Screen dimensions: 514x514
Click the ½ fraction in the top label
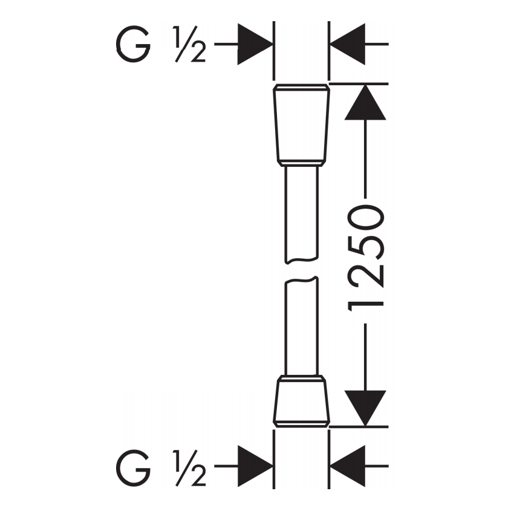[190, 44]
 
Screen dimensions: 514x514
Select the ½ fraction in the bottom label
[190, 468]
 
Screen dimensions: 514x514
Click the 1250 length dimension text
[365, 258]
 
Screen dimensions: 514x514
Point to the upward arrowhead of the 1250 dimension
[365, 102]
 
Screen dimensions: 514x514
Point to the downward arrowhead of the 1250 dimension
[365, 408]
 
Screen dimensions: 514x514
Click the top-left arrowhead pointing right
[255, 44]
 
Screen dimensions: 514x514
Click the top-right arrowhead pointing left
[348, 44]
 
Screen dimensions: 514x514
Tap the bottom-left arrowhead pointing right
[255, 466]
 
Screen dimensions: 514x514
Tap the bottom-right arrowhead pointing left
[348, 466]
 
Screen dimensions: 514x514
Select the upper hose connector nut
[301, 126]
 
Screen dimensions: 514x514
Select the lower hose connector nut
[301, 402]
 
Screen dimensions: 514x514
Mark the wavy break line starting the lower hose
[301, 280]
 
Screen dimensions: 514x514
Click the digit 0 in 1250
[366, 218]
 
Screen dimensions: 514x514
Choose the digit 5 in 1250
[366, 247]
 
